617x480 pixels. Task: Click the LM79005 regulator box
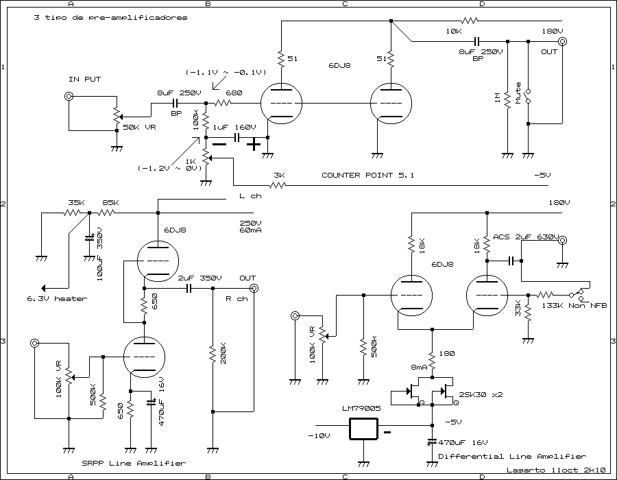[x=364, y=429]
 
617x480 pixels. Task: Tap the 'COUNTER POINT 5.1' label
[x=367, y=176]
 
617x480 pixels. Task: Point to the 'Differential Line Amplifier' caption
[x=511, y=456]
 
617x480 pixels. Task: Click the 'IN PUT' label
[x=84, y=80]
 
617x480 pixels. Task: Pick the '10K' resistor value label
[x=453, y=32]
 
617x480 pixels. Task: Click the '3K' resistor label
[x=279, y=176]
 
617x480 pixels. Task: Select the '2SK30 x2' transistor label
[x=482, y=395]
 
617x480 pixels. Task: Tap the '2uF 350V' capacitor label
[x=199, y=278]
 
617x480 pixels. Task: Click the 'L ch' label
[x=250, y=196]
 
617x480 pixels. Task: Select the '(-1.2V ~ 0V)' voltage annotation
[x=169, y=168]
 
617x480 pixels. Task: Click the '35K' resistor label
[x=77, y=203]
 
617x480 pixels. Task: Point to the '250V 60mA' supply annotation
[x=250, y=228]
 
